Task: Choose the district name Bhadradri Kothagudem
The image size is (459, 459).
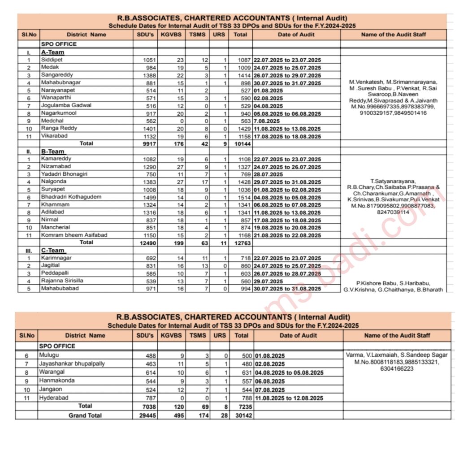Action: coord(71,197)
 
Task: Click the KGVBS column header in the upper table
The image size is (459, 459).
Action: coord(171,35)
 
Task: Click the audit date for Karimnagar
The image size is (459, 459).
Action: coord(287,258)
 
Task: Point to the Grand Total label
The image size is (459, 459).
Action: coord(85,416)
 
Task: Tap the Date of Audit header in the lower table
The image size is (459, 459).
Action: coord(298,335)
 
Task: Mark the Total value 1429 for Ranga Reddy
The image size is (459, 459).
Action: coord(241,129)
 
